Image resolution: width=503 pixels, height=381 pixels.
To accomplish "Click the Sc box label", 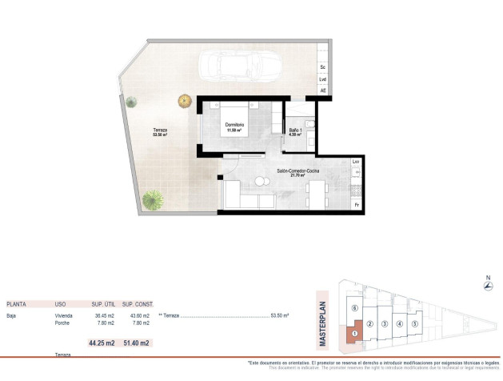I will coord(323,67).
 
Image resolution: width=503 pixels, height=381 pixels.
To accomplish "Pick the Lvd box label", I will coord(323,79).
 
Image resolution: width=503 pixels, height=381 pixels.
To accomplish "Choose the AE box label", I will coord(323,91).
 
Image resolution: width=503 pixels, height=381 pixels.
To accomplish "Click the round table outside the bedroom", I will coord(186,101).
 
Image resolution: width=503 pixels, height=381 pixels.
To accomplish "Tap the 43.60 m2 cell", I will coord(135,316).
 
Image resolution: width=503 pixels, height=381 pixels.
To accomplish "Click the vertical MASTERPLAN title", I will coord(323,318).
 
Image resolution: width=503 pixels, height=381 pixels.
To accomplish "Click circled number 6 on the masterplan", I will coord(353,308).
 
